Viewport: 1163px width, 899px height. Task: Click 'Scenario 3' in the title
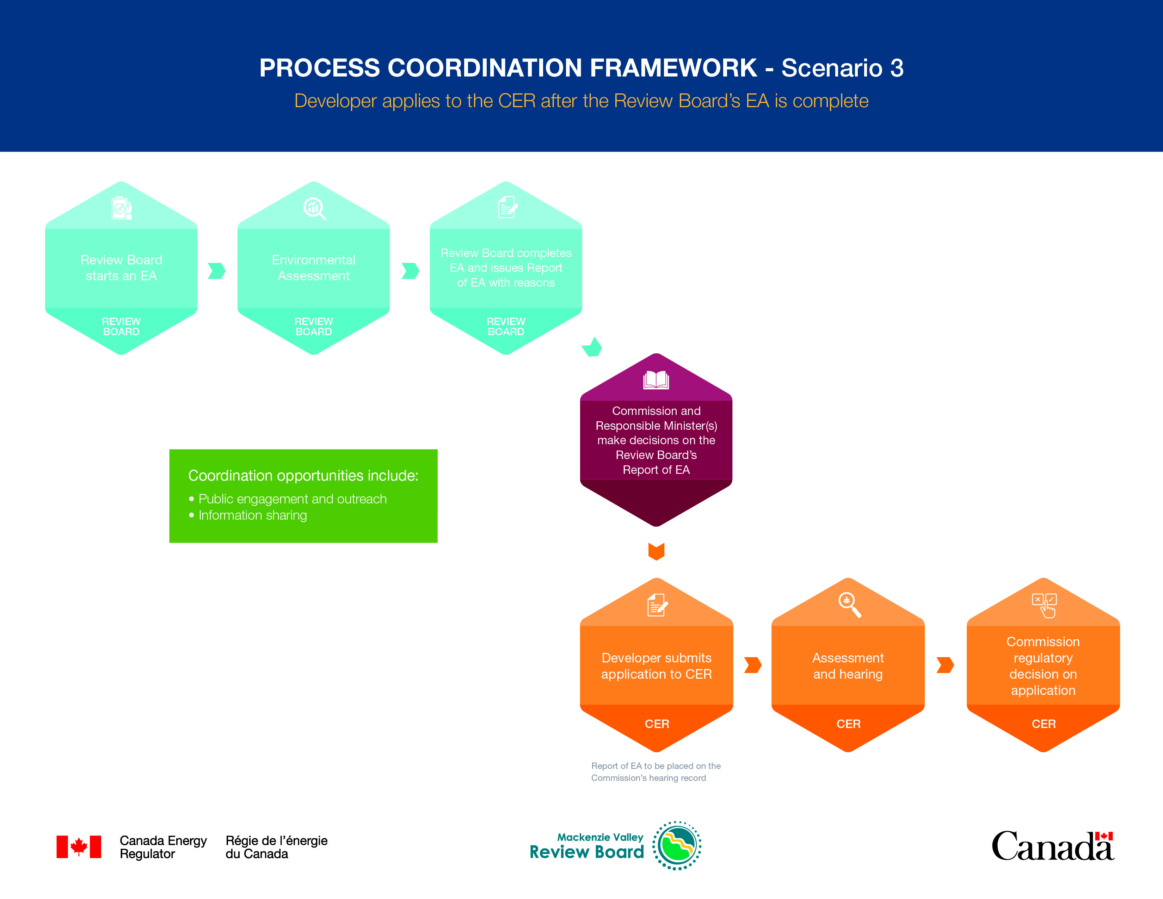(842, 68)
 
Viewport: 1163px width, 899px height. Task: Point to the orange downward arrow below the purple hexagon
(656, 551)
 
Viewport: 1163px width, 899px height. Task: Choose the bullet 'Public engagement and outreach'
(293, 499)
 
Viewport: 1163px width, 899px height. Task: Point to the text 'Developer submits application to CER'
(656, 666)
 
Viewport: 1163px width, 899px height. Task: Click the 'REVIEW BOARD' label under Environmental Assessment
(314, 326)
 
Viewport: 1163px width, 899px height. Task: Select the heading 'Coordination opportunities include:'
(303, 475)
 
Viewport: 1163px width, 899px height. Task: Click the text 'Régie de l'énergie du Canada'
(276, 847)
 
